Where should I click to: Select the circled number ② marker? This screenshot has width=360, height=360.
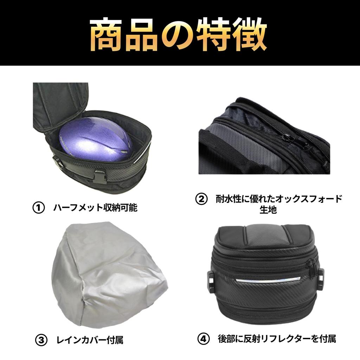(201, 199)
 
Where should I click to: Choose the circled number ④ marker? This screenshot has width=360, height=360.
(204, 339)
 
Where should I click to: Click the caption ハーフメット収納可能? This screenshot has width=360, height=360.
(95, 208)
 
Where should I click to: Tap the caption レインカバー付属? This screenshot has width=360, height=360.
(90, 340)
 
